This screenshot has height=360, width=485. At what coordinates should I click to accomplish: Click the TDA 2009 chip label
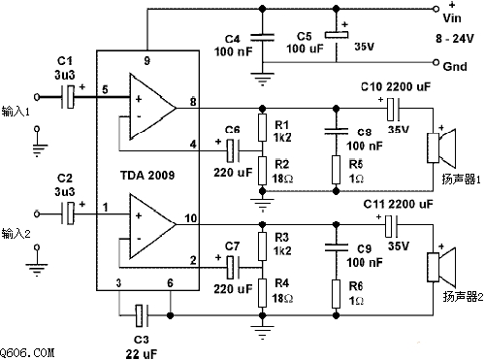pos(147,176)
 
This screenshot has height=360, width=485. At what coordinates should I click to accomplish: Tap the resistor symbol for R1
pos(263,127)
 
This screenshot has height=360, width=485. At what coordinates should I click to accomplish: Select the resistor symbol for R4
pos(263,293)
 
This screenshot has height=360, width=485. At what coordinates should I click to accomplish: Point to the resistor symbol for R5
pos(337,170)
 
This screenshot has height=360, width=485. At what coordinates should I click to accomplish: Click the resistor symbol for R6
pos(337,294)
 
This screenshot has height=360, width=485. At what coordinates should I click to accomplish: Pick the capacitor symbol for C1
pos(68,97)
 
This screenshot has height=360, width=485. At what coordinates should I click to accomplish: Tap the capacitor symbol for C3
pos(142,315)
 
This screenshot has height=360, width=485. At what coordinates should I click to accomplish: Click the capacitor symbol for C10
pos(393,109)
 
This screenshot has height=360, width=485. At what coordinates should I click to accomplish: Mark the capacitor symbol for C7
pos(233,268)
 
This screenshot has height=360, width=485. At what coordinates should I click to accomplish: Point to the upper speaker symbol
pos(441,147)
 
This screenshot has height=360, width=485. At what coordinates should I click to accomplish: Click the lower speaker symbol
pos(441,268)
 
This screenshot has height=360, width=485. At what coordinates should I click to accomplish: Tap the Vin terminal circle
pos(436,9)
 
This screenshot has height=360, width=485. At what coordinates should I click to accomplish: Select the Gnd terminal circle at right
pos(436,62)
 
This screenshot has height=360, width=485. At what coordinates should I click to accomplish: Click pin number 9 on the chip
pos(147,61)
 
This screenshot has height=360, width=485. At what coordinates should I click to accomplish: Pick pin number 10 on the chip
pos(191,218)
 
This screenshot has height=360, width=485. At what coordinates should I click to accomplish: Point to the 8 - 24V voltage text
pos(454,39)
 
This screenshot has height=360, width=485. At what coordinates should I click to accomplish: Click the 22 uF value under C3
pos(142,353)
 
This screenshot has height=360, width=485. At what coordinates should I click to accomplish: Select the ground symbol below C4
pos(263,79)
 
